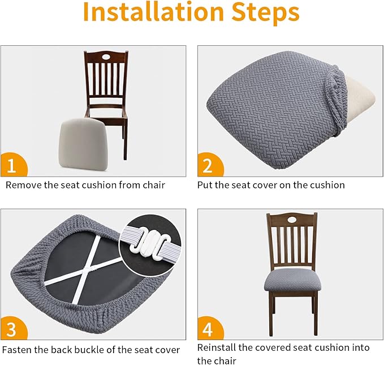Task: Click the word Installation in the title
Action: [154, 11]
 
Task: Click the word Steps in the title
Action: [265, 13]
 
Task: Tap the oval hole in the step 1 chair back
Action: [106, 57]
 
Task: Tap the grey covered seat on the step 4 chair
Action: [292, 279]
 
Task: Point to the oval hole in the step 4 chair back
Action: [292, 220]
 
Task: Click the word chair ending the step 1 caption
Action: [154, 185]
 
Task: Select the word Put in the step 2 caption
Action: [205, 185]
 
